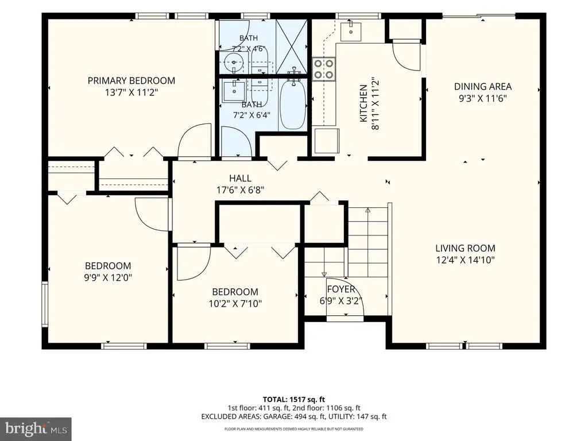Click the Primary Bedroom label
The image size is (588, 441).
click(x=131, y=80)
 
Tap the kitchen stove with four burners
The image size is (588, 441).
click(x=324, y=69)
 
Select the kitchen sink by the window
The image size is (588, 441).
click(x=351, y=32)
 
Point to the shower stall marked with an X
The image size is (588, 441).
click(x=292, y=47)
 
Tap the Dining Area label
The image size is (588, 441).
click(x=482, y=87)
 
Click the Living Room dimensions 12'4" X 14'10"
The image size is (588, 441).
click(x=465, y=260)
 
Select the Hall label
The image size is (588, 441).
click(x=240, y=178)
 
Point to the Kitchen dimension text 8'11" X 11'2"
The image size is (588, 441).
click(x=375, y=103)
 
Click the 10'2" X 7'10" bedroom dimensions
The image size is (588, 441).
click(x=235, y=303)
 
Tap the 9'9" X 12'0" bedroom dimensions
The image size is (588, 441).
click(x=108, y=277)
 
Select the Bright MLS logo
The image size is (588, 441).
click(x=36, y=428)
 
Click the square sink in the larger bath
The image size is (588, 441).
click(x=234, y=91)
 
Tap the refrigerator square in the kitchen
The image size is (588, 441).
click(x=327, y=141)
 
